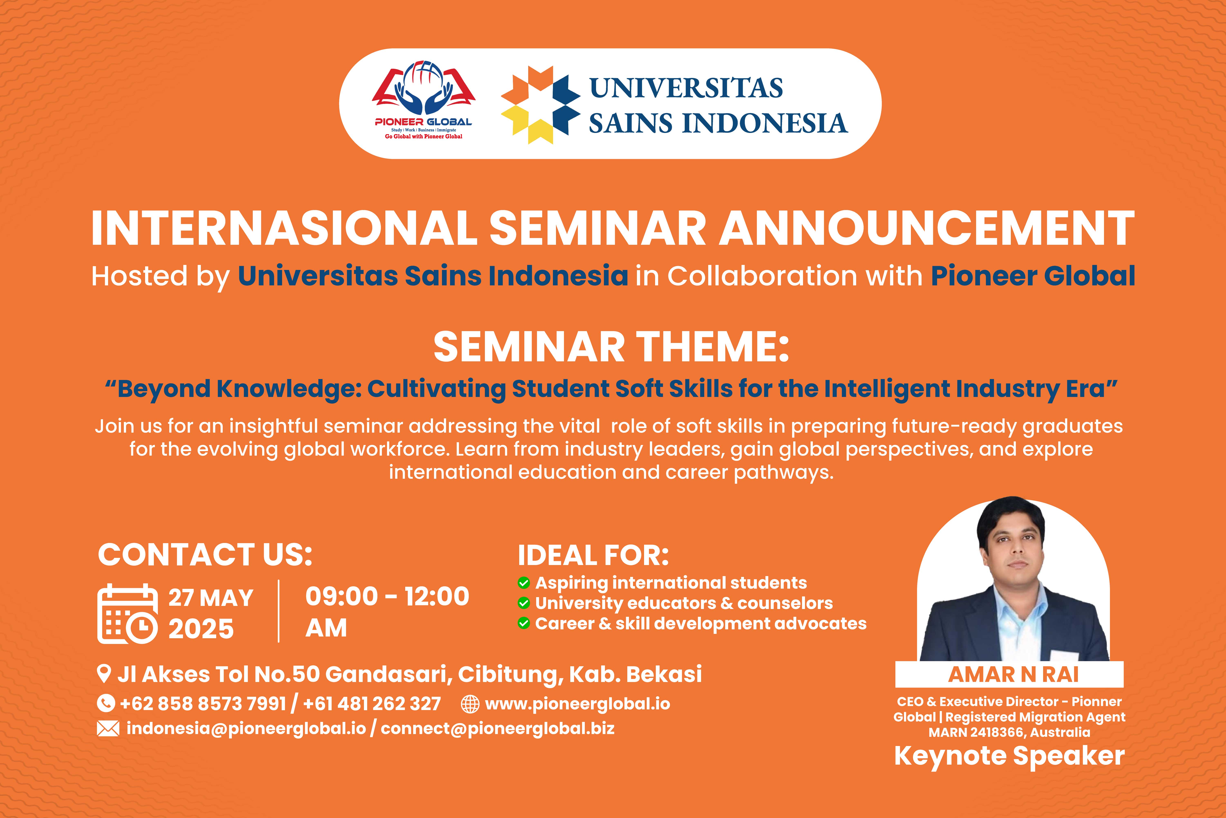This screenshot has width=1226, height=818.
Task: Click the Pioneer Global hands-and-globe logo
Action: pyautogui.click(x=423, y=89)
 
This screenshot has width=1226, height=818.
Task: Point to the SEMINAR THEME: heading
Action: pyautogui.click(x=611, y=347)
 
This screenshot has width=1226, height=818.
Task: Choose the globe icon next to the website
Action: pyautogui.click(x=470, y=704)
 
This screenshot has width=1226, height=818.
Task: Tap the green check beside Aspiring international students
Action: pyautogui.click(x=524, y=583)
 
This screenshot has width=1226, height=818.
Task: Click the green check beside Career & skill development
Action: pyautogui.click(x=524, y=623)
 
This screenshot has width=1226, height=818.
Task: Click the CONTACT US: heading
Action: pyautogui.click(x=205, y=555)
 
